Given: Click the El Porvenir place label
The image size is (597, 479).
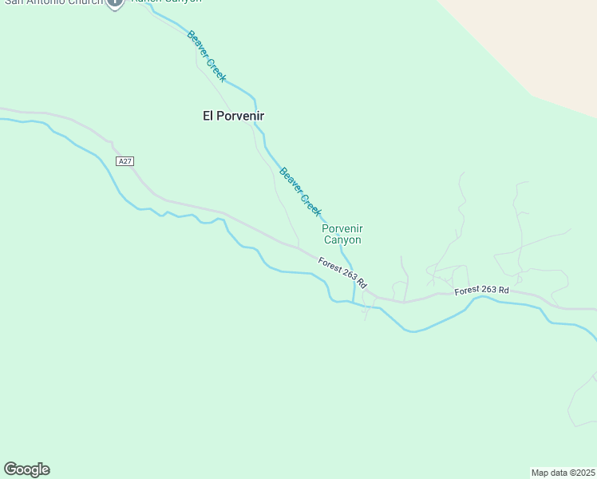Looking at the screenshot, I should [x=233, y=116].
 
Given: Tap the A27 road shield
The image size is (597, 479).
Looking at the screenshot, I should [x=124, y=161].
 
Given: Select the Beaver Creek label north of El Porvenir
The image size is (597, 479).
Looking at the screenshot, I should [x=207, y=56].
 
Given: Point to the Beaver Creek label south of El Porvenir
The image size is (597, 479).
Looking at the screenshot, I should [x=300, y=192].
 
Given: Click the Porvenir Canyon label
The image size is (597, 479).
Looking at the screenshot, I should [x=342, y=234].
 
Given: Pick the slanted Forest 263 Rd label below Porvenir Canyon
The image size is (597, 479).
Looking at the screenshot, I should [x=342, y=272].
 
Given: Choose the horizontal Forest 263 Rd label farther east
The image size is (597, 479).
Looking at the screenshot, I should [x=481, y=291].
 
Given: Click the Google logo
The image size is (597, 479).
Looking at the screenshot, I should [x=26, y=469].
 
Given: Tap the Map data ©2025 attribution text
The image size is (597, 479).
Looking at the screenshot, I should [x=563, y=473].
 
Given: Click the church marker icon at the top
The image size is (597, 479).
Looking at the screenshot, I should [x=115, y=2].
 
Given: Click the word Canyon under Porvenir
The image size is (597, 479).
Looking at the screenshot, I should [x=342, y=239].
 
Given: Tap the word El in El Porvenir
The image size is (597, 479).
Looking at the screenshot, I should [x=208, y=116].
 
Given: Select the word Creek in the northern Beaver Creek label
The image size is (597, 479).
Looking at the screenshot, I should [x=216, y=69].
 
